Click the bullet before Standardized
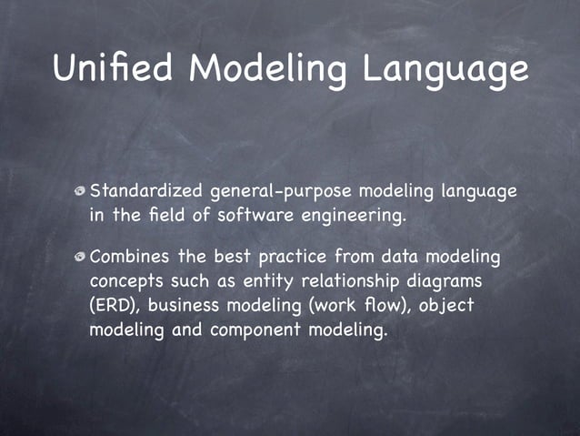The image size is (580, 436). [x=81, y=192]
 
